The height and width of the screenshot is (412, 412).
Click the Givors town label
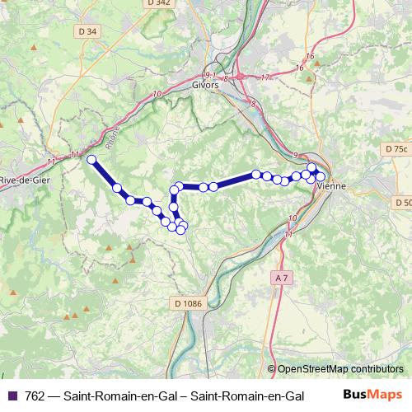tap(207, 84)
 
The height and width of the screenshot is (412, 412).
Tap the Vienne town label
tap(332, 186)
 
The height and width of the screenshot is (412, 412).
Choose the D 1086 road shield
tap(188, 303)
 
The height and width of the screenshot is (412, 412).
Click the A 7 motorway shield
tap(281, 278)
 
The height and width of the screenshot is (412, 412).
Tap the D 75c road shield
tap(396, 148)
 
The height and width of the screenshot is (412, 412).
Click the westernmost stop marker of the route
tap(91, 160)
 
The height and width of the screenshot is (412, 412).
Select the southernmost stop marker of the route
tap(180, 230)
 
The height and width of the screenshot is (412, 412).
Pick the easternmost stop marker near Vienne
tap(321, 176)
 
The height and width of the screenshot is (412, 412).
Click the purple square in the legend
tap(12, 396)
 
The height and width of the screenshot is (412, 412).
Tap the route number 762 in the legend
tap(35, 396)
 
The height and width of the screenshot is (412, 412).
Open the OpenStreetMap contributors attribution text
tap(340, 368)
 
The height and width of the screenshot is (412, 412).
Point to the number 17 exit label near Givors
tap(265, 77)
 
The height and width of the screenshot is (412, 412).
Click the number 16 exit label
tap(310, 56)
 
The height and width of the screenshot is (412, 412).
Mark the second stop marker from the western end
tap(117, 188)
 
